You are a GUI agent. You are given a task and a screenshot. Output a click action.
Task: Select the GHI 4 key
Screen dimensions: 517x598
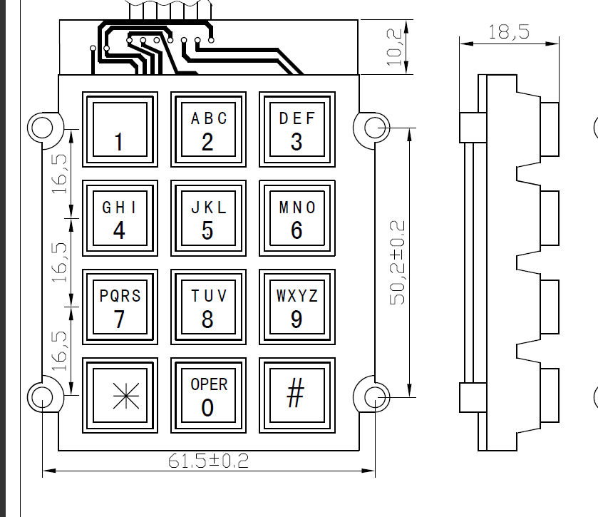pos(119,217)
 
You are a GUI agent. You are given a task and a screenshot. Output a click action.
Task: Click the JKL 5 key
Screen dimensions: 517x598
pos(207,217)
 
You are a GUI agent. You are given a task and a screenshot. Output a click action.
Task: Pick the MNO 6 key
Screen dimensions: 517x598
pos(297,217)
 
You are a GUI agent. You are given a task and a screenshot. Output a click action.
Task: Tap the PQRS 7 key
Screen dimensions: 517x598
pos(119,306)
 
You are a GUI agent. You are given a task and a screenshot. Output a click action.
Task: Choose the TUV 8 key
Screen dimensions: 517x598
pos(207,306)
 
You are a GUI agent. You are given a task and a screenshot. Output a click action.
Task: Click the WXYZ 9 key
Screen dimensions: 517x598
pos(297,306)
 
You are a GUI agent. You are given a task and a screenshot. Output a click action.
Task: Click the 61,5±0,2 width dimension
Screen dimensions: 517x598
pos(208,461)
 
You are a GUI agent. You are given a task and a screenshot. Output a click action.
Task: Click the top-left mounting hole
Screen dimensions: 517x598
pos(41,128)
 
